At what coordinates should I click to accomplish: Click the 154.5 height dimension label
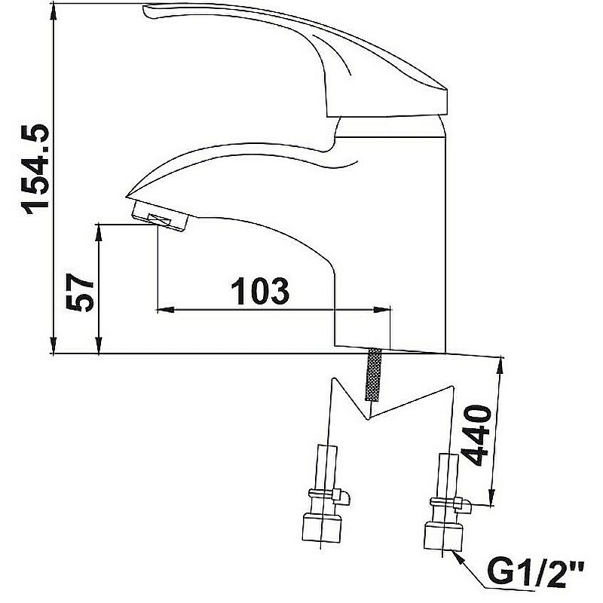pos(36,169)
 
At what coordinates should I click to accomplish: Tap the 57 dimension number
pos(80,292)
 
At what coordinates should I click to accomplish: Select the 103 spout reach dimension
pos(260,291)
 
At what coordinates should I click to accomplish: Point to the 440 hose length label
pos(476,436)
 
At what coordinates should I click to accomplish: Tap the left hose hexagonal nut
pos(322,527)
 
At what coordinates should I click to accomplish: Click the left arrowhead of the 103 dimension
pos(166,309)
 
